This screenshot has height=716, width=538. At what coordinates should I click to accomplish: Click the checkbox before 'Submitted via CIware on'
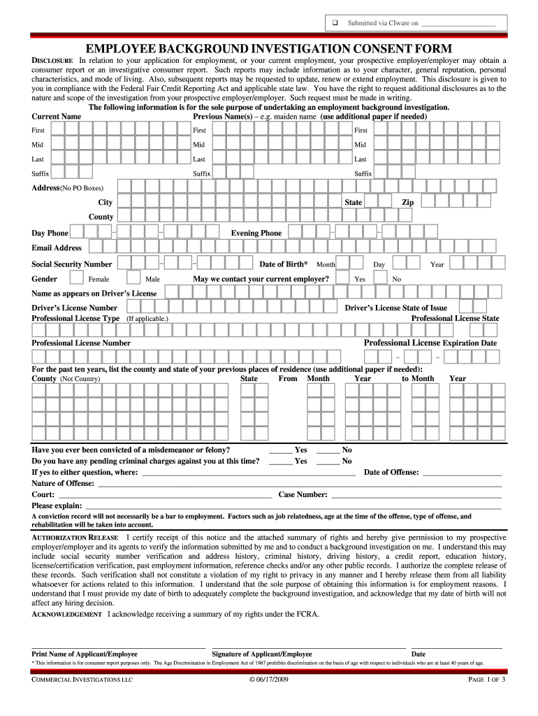click(x=335, y=23)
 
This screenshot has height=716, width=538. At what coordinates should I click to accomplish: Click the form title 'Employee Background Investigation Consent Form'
click(x=269, y=48)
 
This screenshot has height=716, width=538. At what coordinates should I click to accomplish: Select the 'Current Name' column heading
click(x=57, y=116)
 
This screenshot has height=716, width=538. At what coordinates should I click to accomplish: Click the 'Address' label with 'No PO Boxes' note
click(x=67, y=187)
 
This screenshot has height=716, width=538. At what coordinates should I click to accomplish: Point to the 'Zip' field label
click(x=407, y=202)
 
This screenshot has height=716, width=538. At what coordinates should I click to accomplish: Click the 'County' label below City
click(x=101, y=217)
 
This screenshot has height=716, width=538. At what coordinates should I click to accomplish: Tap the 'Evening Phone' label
click(x=256, y=233)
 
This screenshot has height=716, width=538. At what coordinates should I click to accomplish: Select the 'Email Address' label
click(x=57, y=248)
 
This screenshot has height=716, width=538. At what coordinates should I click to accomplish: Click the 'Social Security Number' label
click(x=71, y=264)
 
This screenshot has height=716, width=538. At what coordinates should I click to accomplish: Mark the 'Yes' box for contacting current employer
click(x=342, y=278)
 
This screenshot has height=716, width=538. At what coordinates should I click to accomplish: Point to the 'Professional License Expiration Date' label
click(x=430, y=343)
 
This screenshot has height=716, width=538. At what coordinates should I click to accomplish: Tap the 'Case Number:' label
click(x=303, y=494)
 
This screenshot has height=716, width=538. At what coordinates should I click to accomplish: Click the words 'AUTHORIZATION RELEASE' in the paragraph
click(x=75, y=536)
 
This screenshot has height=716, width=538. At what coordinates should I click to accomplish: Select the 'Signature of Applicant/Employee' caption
click(x=262, y=654)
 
